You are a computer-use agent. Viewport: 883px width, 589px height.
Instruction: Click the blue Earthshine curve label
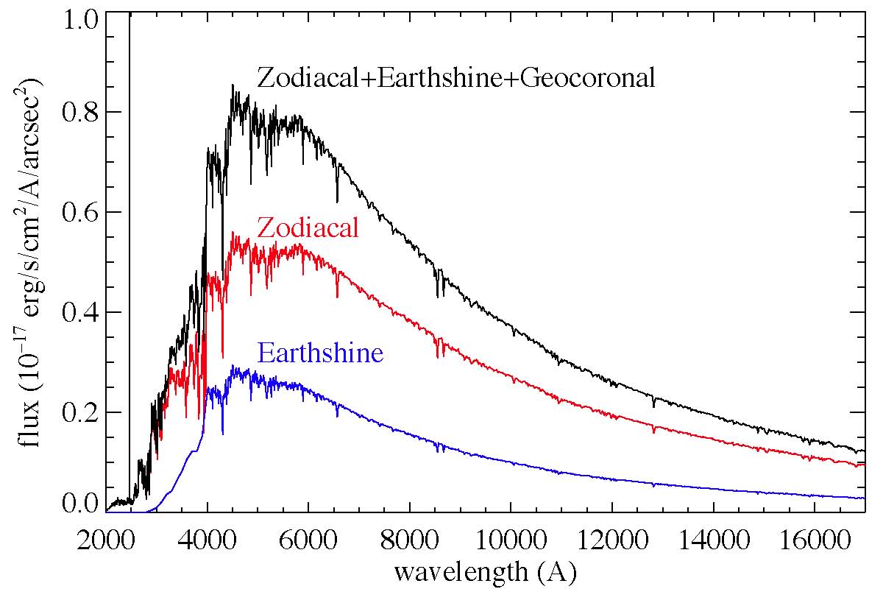tap(321, 353)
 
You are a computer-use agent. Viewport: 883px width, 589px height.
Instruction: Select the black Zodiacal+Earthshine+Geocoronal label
tap(455, 77)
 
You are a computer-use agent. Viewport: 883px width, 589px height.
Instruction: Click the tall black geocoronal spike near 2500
tap(130, 221)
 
